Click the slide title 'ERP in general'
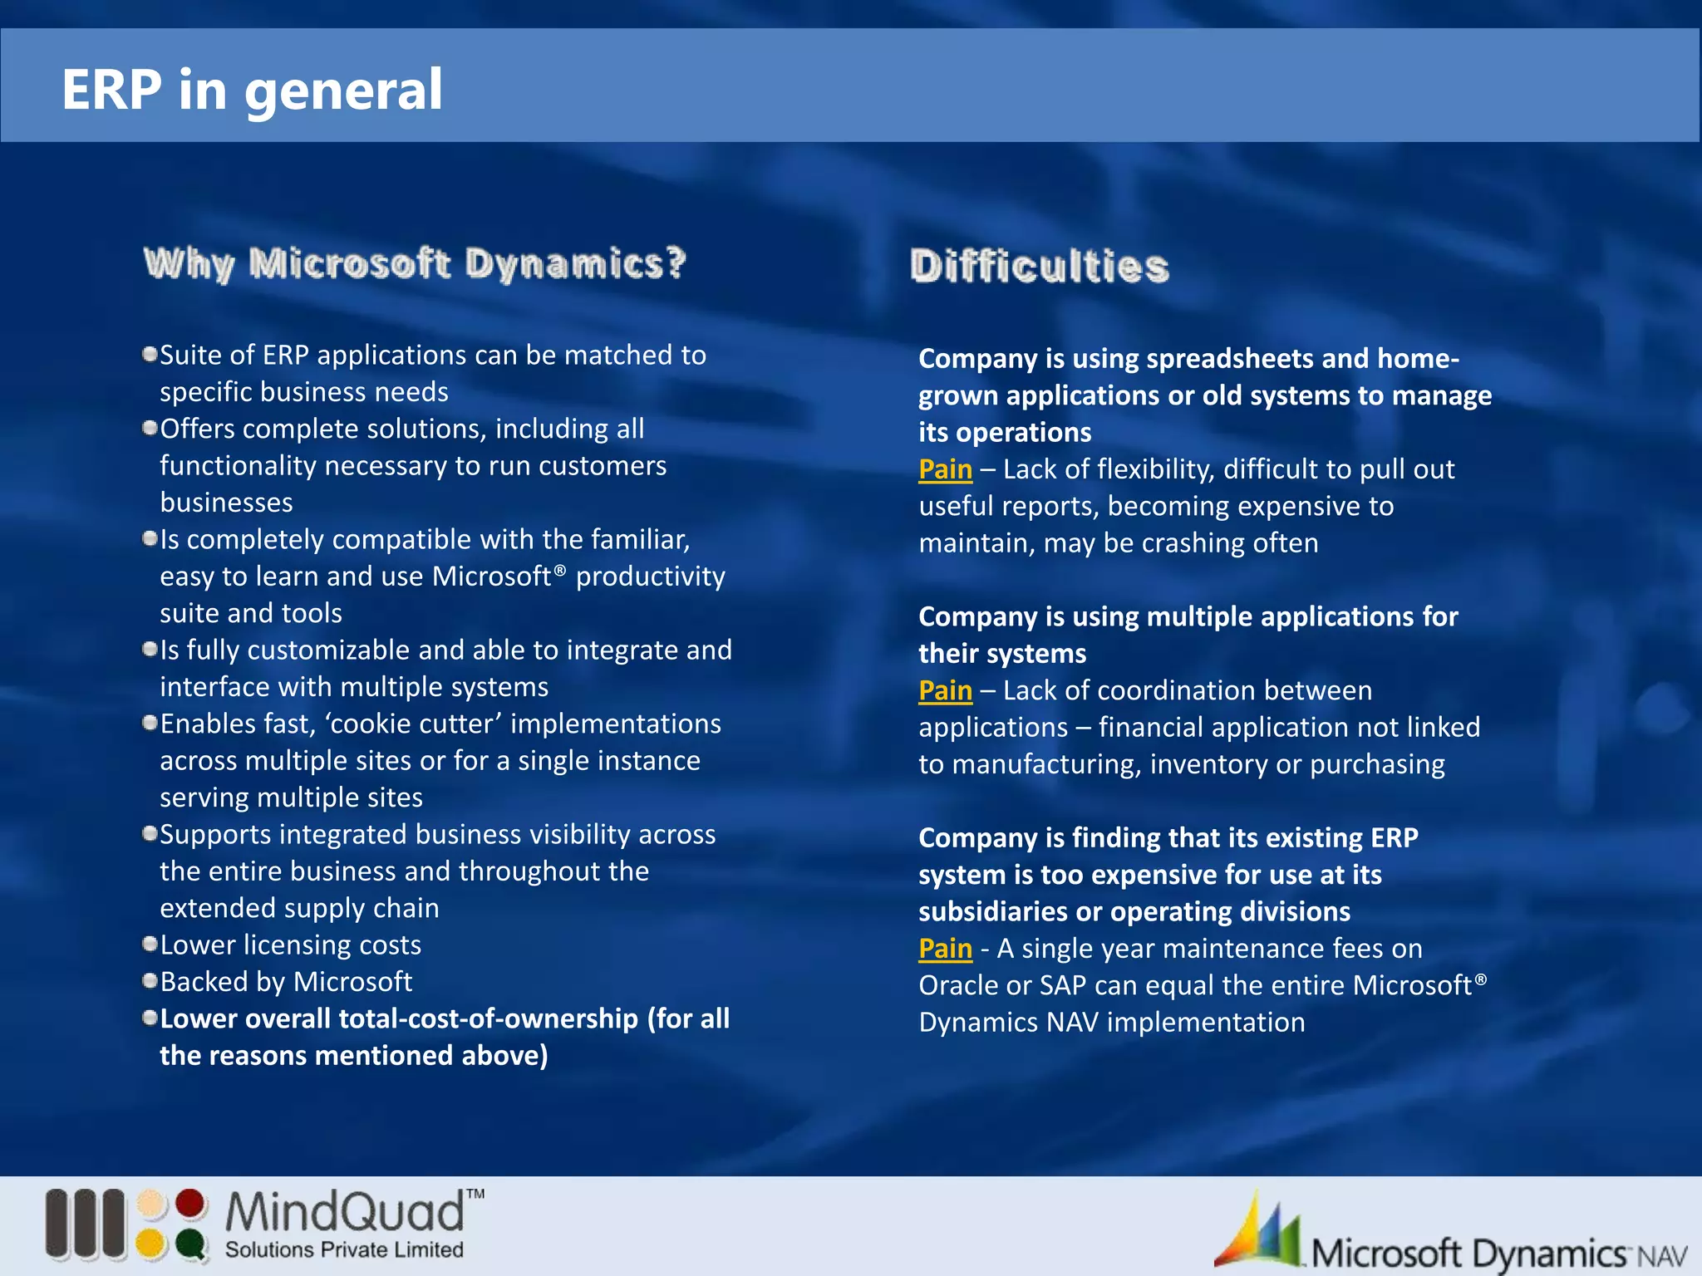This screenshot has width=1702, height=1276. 252,90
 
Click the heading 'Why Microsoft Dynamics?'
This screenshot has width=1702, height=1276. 415,263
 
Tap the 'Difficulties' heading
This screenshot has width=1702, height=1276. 1039,267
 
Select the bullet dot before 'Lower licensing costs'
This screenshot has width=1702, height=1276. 150,944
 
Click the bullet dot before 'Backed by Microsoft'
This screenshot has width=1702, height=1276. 150,981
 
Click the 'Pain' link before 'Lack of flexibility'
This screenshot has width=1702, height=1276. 945,469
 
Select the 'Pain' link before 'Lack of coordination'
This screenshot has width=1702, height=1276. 945,690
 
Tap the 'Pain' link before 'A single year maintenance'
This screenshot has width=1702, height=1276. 945,949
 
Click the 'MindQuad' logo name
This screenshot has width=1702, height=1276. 345,1213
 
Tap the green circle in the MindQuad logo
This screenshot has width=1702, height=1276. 191,1244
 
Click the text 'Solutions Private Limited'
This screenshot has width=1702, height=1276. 344,1250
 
